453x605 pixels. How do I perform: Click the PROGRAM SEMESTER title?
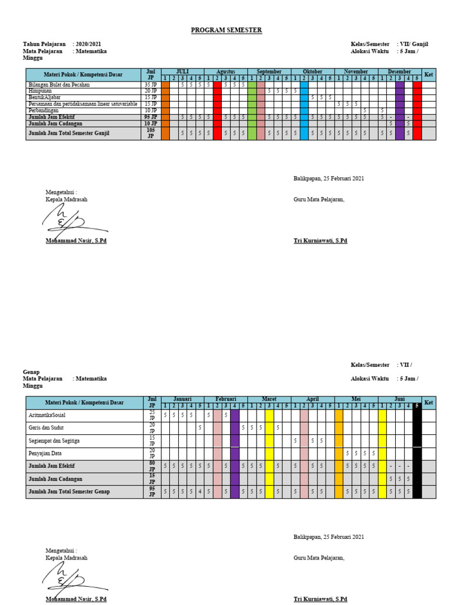click(226, 30)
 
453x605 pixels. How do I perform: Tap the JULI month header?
click(182, 71)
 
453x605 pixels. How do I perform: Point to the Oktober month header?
click(313, 71)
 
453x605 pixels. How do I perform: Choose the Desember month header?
click(399, 71)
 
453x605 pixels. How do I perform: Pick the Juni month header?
click(399, 399)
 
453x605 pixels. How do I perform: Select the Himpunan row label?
click(41, 91)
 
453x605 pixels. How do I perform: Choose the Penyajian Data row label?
click(45, 453)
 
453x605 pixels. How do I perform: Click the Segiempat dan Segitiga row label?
click(54, 440)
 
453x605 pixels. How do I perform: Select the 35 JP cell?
click(151, 84)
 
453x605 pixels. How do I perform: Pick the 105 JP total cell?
click(151, 133)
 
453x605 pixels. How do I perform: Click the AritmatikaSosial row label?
click(48, 415)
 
